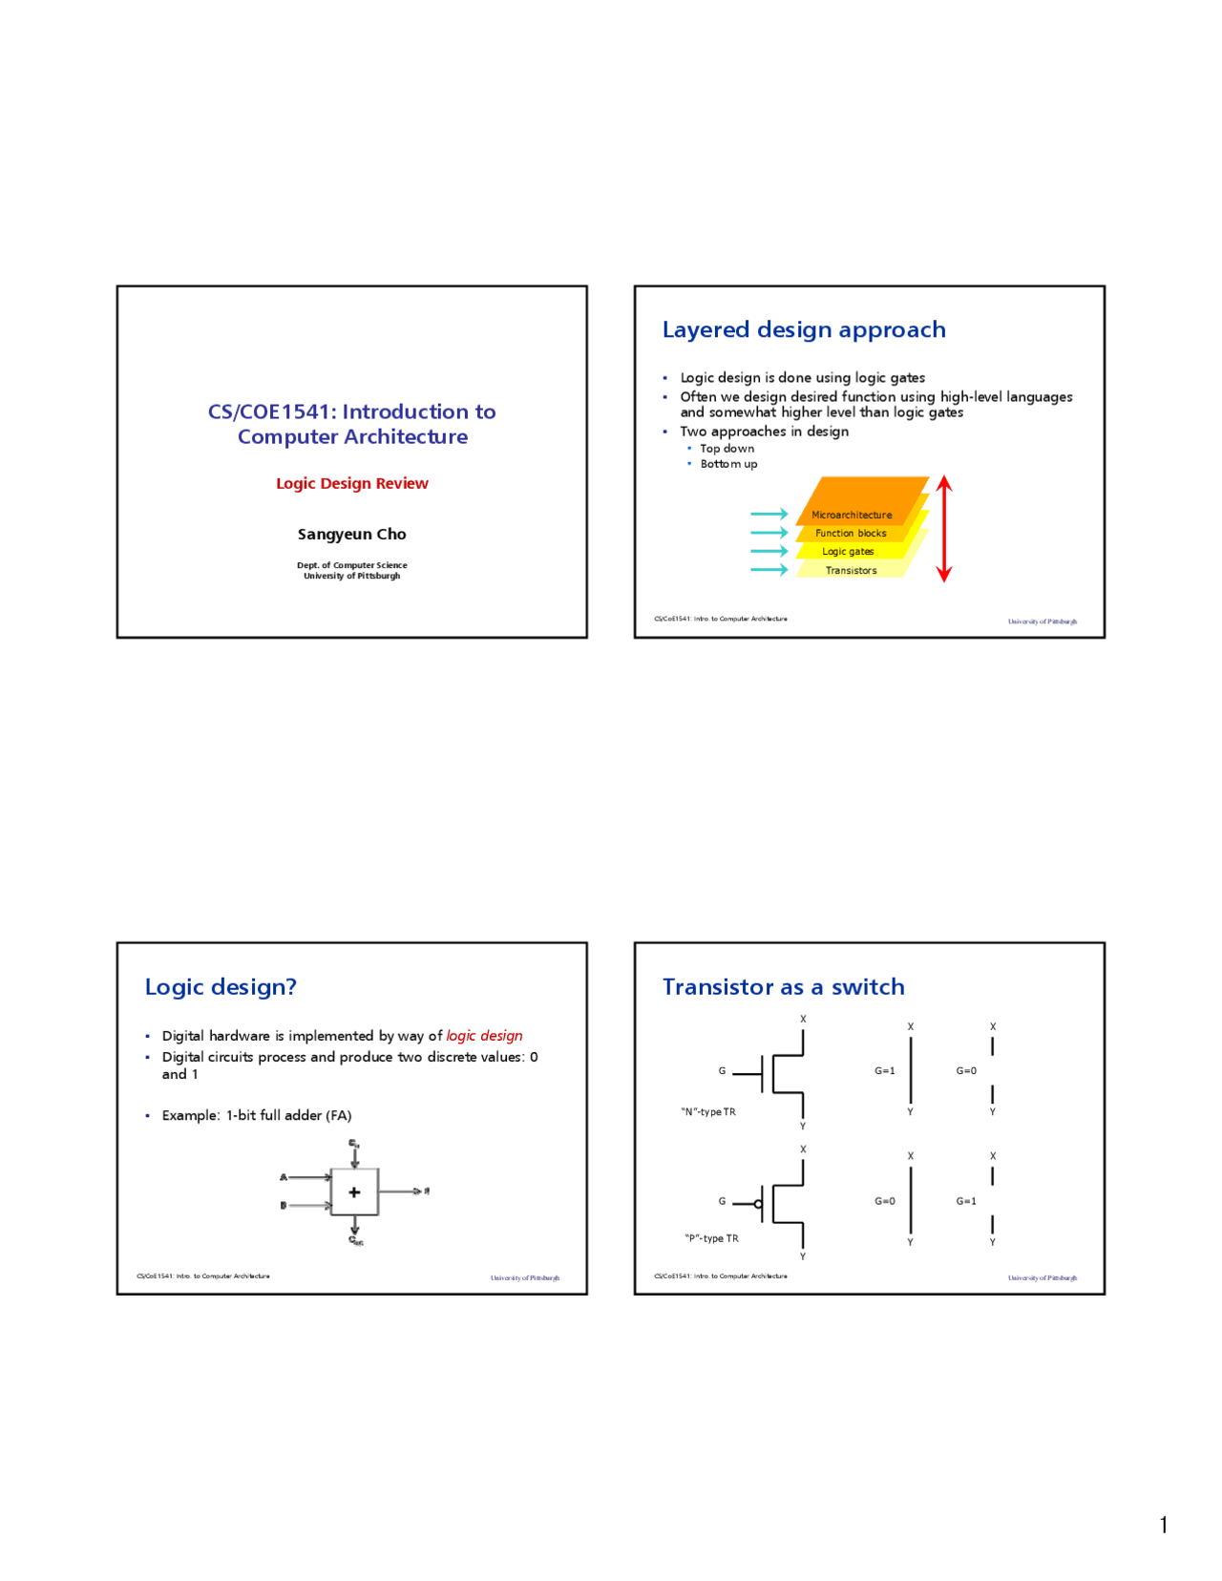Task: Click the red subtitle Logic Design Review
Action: click(352, 483)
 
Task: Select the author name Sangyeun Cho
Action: click(352, 534)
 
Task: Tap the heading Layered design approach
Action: click(804, 329)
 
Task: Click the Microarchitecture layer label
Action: click(852, 515)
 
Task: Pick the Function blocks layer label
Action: click(851, 534)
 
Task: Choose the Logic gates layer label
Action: click(848, 552)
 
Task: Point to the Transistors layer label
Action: click(851, 571)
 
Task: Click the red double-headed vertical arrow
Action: click(944, 529)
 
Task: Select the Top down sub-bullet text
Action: click(727, 449)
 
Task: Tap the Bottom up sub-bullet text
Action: click(728, 464)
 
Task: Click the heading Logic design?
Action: click(221, 987)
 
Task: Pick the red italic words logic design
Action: click(484, 1036)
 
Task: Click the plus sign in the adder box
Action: click(354, 1192)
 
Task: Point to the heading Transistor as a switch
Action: click(783, 987)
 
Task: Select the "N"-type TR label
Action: click(708, 1112)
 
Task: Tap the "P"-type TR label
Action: click(711, 1238)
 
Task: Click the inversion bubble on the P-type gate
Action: click(758, 1204)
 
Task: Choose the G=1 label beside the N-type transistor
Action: click(885, 1071)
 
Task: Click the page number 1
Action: click(1163, 1525)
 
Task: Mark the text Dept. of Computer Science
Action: click(352, 565)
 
